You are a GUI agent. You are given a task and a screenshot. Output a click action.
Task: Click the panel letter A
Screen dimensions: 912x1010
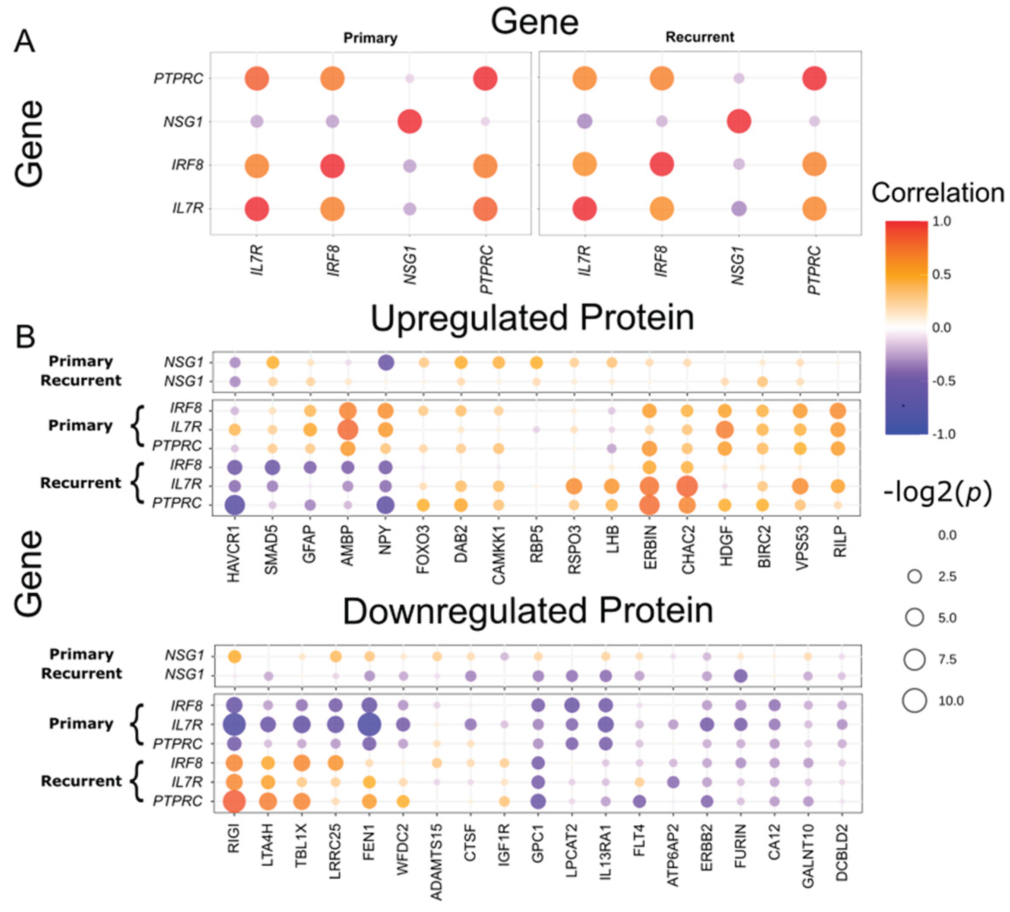pyautogui.click(x=25, y=41)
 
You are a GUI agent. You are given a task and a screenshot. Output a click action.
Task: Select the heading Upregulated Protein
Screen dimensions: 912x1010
pyautogui.click(x=532, y=318)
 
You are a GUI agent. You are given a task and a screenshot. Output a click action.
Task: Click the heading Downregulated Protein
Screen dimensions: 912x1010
pyautogui.click(x=528, y=611)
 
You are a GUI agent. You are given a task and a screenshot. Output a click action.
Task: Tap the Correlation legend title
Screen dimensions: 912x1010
pyautogui.click(x=937, y=193)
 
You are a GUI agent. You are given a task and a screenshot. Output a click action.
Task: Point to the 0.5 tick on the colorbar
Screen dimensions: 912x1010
pyautogui.click(x=941, y=274)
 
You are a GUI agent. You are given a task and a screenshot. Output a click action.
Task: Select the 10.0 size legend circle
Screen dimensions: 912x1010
pyautogui.click(x=914, y=700)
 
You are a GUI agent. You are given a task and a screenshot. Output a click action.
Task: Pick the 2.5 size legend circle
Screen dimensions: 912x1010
pyautogui.click(x=914, y=576)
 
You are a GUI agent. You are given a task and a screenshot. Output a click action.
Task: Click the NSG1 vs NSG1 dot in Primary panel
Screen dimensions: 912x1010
pyautogui.click(x=410, y=122)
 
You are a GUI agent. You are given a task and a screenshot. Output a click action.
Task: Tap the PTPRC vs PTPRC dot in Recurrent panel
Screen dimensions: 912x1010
pyautogui.click(x=814, y=79)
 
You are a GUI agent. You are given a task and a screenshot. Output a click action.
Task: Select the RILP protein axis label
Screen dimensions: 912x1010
pyautogui.click(x=839, y=542)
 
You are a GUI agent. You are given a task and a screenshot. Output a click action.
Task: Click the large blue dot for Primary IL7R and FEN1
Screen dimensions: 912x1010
pyautogui.click(x=369, y=724)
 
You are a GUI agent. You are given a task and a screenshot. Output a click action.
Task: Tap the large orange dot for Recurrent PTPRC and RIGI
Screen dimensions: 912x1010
pyautogui.click(x=234, y=801)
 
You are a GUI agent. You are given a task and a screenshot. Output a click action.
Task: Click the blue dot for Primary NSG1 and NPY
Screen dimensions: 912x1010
pyautogui.click(x=385, y=362)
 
